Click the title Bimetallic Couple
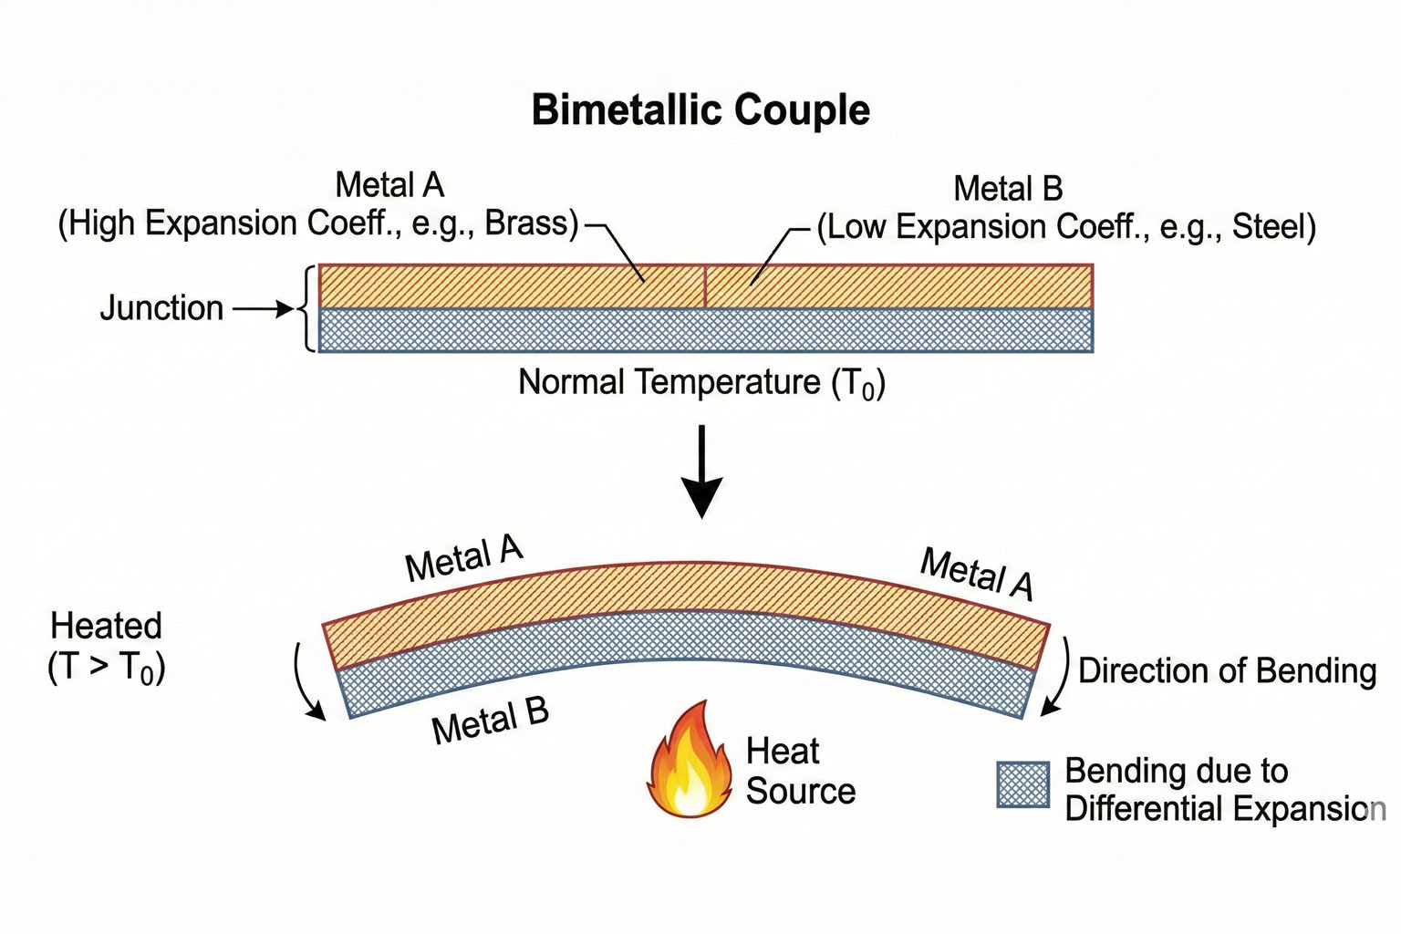[700, 110]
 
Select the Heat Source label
[800, 772]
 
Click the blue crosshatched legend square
[1022, 785]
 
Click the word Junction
[161, 308]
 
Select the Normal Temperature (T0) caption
[701, 382]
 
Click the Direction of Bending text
[1227, 670]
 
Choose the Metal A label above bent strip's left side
[463, 558]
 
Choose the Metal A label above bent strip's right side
[977, 574]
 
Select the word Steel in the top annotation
[1271, 227]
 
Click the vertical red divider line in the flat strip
[705, 286]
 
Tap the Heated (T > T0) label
[106, 647]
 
